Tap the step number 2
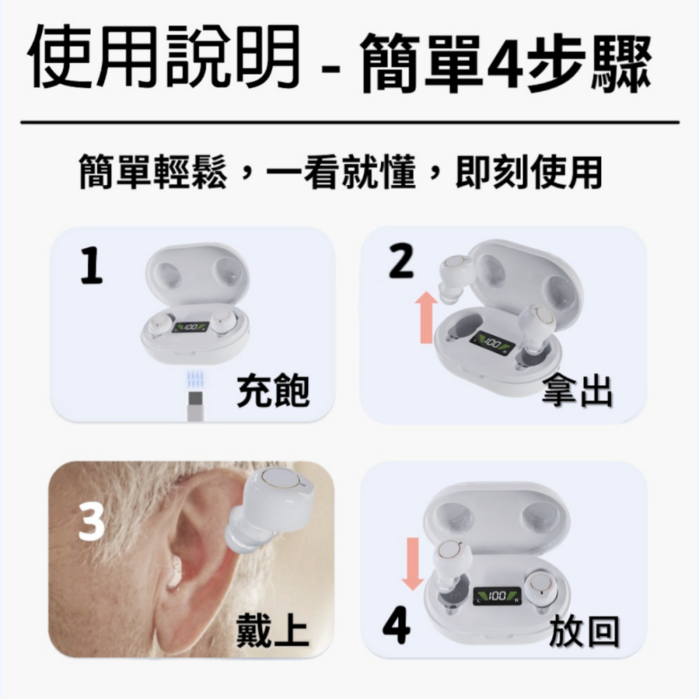[x=401, y=262]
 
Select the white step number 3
[x=92, y=521]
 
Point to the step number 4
[x=396, y=624]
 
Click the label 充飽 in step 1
[x=273, y=391]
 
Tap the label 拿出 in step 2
[x=577, y=391]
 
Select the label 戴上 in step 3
[x=272, y=630]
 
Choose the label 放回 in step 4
[x=584, y=630]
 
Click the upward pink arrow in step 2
[x=426, y=317]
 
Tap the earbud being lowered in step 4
[x=452, y=567]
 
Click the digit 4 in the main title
[x=505, y=62]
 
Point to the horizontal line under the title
[x=350, y=122]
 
